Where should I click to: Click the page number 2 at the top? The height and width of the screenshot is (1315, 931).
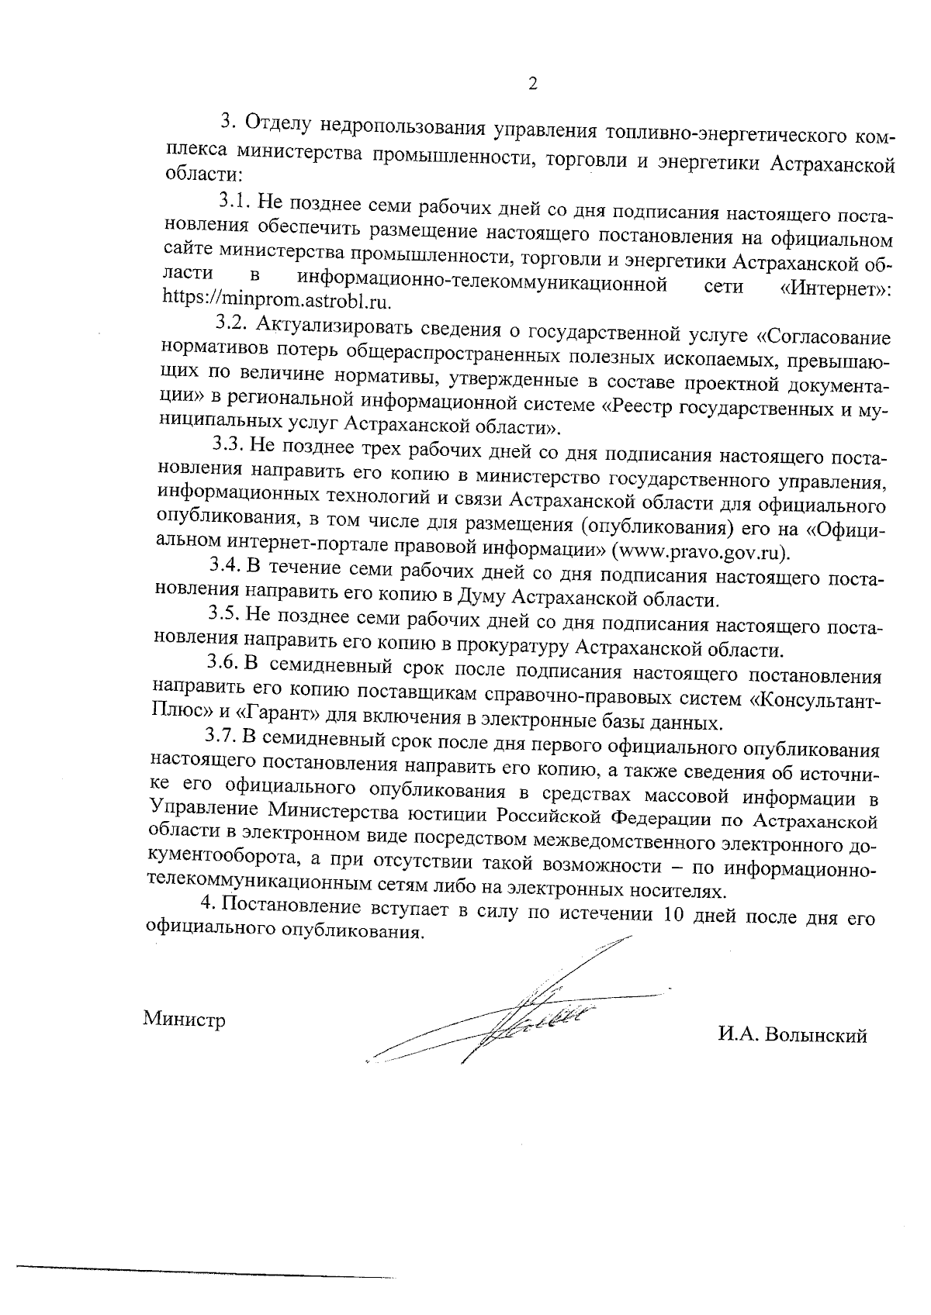point(532,85)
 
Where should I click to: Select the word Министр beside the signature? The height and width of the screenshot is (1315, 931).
point(185,1020)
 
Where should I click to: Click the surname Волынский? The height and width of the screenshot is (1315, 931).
point(815,1036)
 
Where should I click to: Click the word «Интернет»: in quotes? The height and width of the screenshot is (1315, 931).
point(836,288)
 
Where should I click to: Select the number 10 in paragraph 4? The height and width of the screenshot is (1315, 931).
point(669,913)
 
